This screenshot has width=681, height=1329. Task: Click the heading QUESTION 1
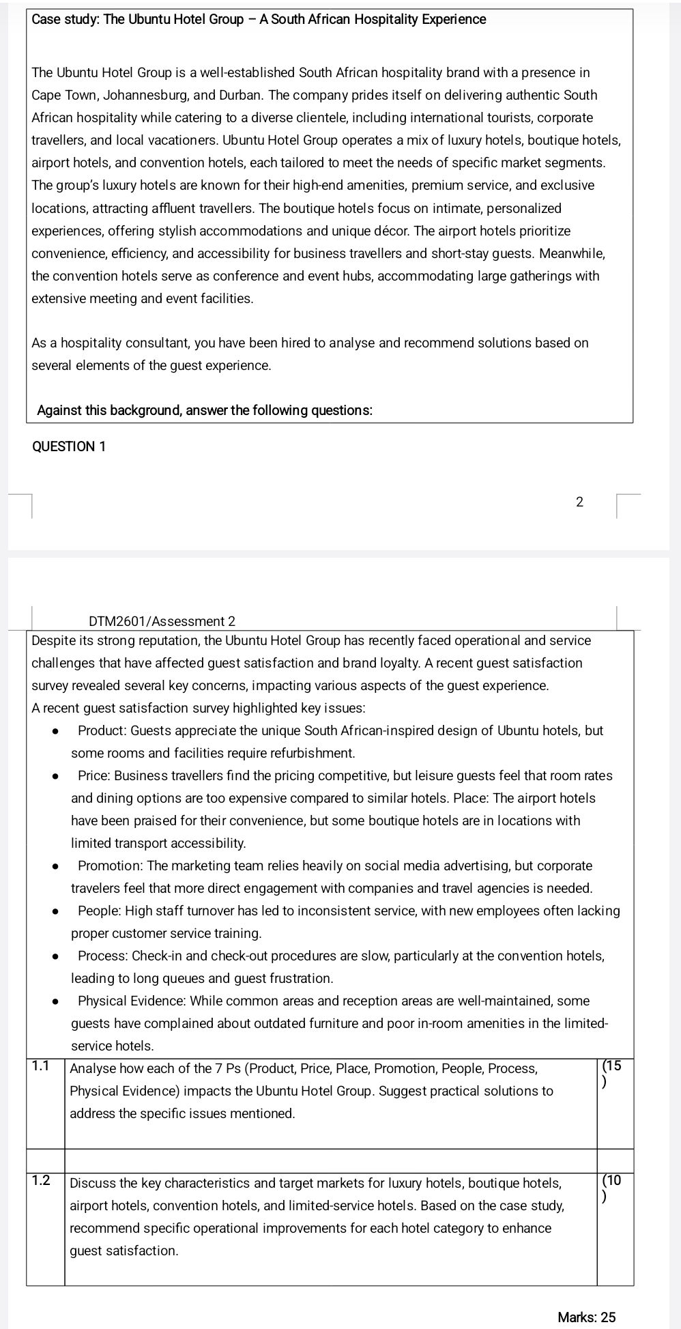tap(69, 447)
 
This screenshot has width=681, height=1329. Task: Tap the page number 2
tap(579, 502)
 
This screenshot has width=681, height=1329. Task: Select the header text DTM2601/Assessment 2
tap(162, 621)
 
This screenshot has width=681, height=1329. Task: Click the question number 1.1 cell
tap(42, 1066)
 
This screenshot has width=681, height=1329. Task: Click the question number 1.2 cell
tap(42, 1181)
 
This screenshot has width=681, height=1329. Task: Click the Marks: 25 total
tap(586, 1317)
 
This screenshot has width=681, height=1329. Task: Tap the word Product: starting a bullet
tap(102, 730)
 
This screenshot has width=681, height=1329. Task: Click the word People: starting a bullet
tap(100, 911)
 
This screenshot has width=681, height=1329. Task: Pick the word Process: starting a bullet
tap(103, 956)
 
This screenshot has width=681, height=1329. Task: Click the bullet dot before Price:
tap(55, 777)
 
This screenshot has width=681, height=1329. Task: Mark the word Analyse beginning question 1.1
tap(93, 1068)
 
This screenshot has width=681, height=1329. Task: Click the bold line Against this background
tap(204, 410)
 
